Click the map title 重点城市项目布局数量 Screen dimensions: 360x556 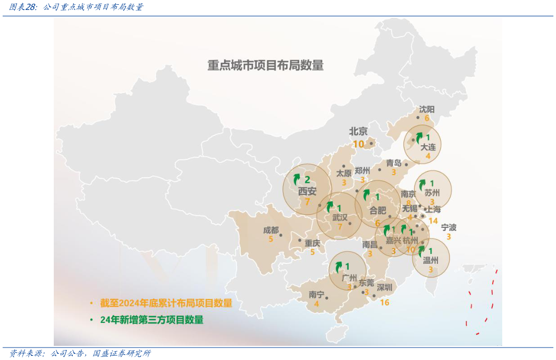coord(265,66)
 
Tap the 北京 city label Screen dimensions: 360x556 coord(358,131)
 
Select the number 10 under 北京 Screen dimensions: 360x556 coord(359,144)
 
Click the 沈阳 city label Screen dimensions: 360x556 coord(427,109)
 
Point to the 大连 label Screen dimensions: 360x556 coord(428,147)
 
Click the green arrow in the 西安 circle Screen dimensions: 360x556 coord(297,179)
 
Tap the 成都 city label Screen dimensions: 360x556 coord(271,230)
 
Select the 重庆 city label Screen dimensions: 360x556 coord(312,242)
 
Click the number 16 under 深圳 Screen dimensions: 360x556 coord(385,302)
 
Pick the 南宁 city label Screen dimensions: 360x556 coord(316,294)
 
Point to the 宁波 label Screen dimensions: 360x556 coord(448,227)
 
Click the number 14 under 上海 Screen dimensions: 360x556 coord(433,221)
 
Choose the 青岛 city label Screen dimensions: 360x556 coord(394,163)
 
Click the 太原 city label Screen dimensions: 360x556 coord(344,173)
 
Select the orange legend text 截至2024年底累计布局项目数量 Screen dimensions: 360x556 coord(166,303)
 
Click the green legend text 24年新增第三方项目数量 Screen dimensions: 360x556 coord(151,320)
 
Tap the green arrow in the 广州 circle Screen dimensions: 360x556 coord(338,267)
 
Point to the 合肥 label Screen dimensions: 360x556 coord(377,211)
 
